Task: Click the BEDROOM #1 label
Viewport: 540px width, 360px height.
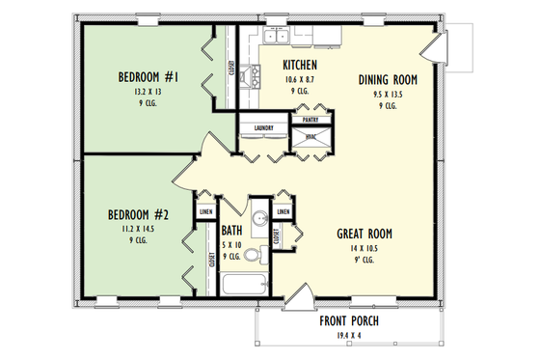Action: click(147, 77)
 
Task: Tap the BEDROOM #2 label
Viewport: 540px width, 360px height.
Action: click(137, 215)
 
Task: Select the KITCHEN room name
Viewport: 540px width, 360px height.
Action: click(300, 65)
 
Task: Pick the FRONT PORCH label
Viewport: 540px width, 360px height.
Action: click(350, 321)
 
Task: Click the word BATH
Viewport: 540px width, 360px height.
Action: click(231, 231)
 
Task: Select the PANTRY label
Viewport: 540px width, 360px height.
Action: click(310, 120)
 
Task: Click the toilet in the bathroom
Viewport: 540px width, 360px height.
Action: click(253, 256)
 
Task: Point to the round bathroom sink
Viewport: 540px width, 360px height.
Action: click(258, 222)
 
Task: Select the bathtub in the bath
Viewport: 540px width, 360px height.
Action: click(245, 286)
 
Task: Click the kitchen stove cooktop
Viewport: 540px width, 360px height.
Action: click(254, 75)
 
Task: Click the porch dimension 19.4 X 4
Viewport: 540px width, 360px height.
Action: click(350, 335)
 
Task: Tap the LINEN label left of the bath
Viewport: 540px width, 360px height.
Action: click(205, 211)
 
